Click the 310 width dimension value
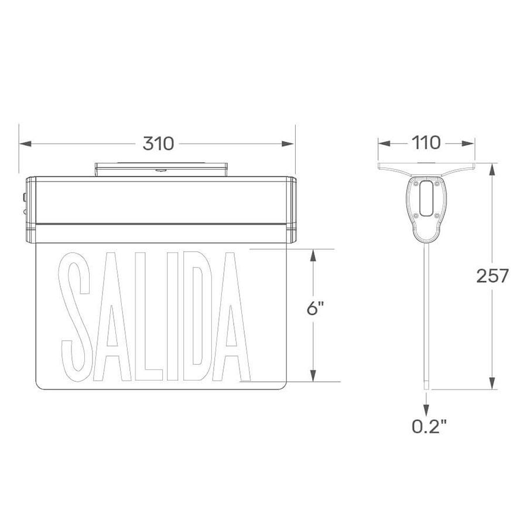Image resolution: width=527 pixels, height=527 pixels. point(158,143)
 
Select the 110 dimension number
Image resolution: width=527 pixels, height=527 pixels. point(426,143)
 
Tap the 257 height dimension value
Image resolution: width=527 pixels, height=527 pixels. point(492,276)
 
